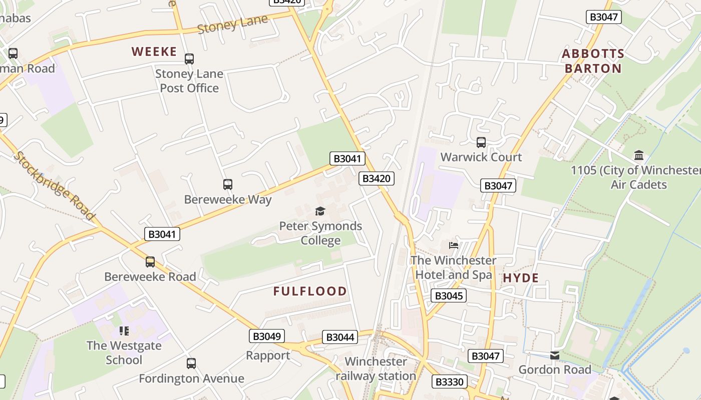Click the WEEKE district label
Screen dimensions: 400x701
[154, 51]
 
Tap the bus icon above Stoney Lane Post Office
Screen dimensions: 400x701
[189, 59]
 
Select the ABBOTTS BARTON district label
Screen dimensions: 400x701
[593, 61]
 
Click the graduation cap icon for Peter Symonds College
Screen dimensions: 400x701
[320, 211]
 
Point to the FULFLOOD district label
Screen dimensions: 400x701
[310, 291]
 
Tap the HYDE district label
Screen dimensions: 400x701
[521, 278]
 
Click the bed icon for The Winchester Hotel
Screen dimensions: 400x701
[454, 245]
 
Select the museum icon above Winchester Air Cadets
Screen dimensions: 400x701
[639, 155]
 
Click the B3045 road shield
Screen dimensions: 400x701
[449, 295]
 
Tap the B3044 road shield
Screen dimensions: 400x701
[340, 337]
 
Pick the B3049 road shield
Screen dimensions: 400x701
[267, 336]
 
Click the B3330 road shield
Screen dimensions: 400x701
[450, 382]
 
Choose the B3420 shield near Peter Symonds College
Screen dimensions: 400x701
[377, 178]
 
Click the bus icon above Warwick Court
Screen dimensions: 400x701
[481, 142]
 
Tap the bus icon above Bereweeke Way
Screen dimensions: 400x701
[228, 184]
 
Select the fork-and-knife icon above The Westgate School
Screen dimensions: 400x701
[124, 330]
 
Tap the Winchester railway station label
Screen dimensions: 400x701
[376, 368]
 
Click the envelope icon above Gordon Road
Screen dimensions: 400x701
[555, 355]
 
